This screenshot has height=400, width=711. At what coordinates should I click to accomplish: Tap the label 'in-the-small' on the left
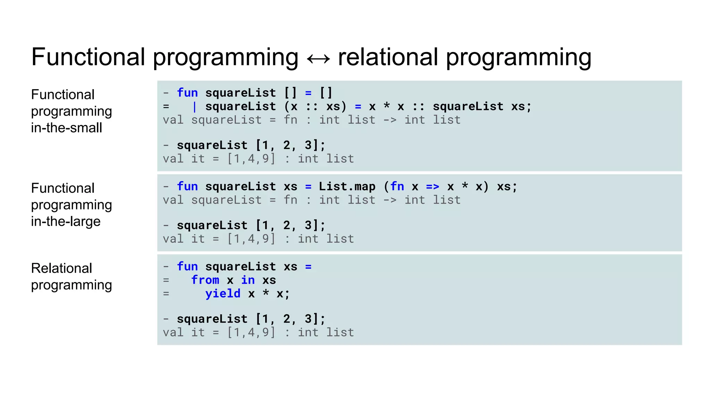pos(67,128)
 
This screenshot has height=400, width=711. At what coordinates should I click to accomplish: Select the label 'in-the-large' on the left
pos(66,222)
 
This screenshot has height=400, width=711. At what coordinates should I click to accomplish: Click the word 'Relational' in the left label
pos(61,268)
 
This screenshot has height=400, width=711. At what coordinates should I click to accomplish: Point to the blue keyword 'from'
pos(205,280)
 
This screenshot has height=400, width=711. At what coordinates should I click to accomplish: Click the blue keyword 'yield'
pos(223,294)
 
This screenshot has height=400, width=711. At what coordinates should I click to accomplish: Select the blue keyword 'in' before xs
pos(248,280)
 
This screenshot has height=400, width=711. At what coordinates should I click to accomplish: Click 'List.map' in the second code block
pos(347,186)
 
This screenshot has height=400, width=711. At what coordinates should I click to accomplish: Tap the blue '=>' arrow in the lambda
pos(433,187)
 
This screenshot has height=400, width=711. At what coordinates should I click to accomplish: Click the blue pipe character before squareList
pos(194,107)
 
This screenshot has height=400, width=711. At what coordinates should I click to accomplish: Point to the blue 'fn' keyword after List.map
pos(397,186)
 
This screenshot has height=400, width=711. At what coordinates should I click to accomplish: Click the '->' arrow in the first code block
pos(390,120)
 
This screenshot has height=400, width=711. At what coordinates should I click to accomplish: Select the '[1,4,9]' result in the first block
pos(251,159)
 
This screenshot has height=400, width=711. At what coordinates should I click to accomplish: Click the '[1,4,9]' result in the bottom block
pos(251,332)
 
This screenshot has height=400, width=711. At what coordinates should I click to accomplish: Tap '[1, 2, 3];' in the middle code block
pos(290,225)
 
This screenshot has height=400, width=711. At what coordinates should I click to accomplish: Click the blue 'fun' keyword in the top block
pos(187,93)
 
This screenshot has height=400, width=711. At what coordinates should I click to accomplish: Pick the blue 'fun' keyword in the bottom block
pos(187,266)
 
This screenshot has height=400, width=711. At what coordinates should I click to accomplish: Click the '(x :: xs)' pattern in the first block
pos(315,107)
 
